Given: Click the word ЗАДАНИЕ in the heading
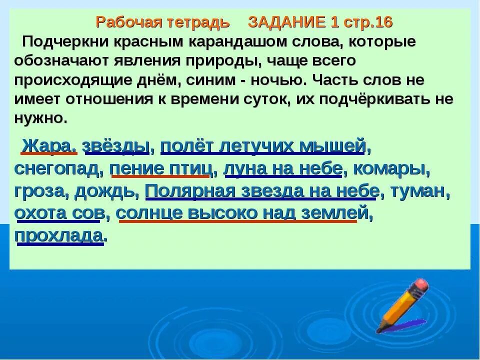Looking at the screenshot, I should pos(286,23).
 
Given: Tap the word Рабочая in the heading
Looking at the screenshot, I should pos(121,23).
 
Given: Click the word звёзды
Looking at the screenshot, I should pos(116,146).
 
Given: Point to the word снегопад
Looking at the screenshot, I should pos(57,169).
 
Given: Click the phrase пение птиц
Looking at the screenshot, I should pos(159,169).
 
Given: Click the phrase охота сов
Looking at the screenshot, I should pos(61,213).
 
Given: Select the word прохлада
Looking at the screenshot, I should pos(60,235).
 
